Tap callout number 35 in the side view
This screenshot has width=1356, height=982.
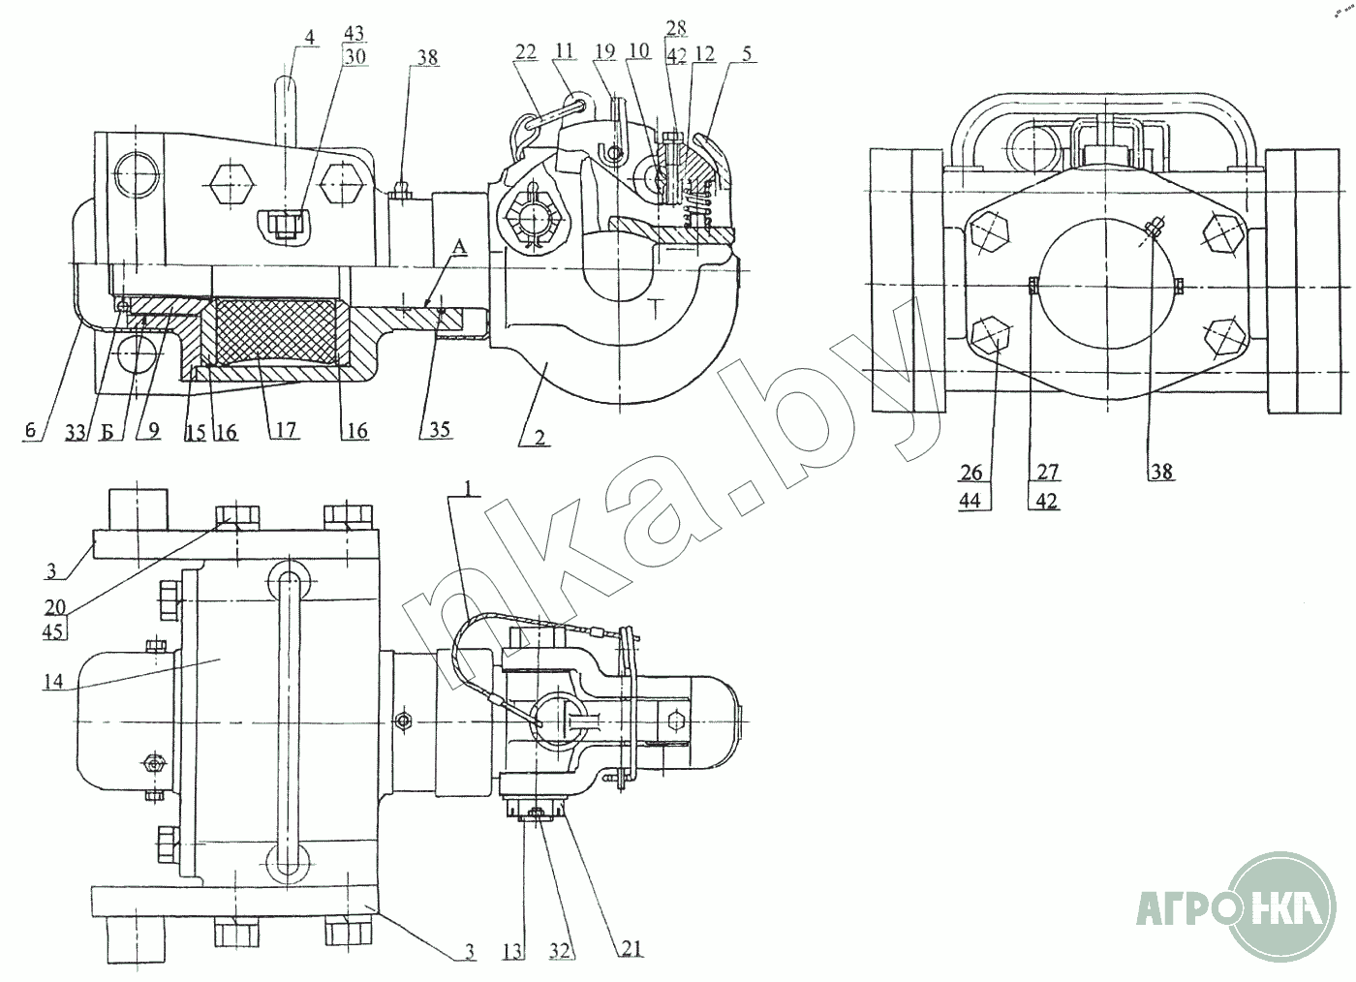coord(439,429)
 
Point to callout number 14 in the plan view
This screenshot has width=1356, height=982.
coord(53,682)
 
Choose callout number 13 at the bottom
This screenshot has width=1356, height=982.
coord(513,952)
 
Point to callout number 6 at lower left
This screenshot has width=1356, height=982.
coord(31,430)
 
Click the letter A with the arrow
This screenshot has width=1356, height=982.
coord(458,249)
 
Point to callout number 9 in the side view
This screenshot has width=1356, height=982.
coord(155,430)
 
